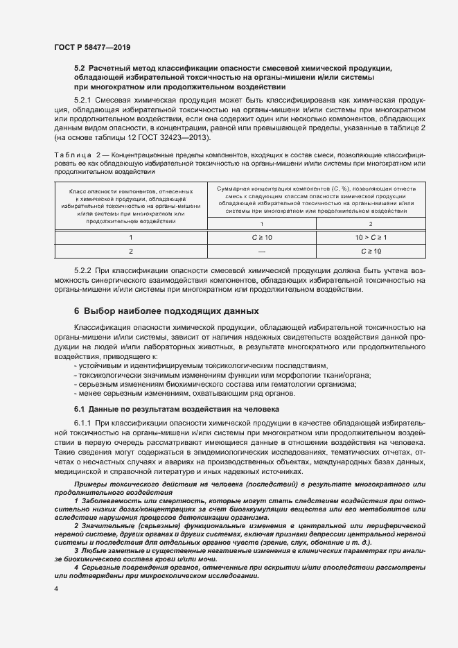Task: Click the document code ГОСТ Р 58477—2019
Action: coord(92,48)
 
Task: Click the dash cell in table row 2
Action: coord(262,251)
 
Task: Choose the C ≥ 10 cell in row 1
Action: coord(262,237)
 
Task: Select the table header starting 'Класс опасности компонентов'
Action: coord(130,206)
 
